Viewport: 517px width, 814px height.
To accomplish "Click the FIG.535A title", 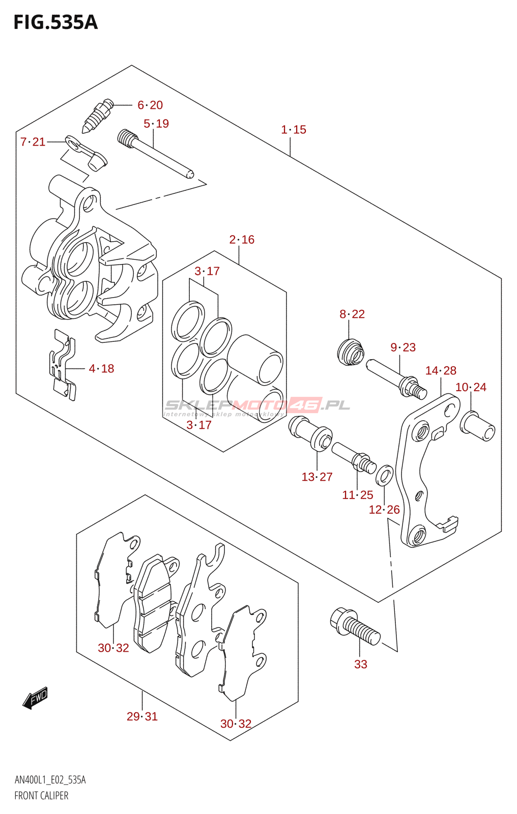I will click(x=55, y=22).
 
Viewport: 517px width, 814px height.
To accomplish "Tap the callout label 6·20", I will click(x=150, y=105).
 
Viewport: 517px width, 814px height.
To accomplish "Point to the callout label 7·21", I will click(x=33, y=142).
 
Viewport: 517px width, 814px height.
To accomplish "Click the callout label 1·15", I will click(x=294, y=130).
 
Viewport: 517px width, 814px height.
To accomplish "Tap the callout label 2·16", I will click(x=242, y=240).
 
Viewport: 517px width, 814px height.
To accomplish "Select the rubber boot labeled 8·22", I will click(x=351, y=352).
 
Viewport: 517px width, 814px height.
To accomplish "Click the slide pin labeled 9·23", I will click(x=396, y=379).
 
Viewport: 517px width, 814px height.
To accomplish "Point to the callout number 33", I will click(x=361, y=664).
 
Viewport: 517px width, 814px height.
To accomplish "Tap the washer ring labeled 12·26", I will click(x=384, y=476).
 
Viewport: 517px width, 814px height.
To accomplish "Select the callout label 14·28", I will click(x=441, y=371).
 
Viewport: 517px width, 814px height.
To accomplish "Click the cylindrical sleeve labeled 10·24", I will click(x=477, y=427).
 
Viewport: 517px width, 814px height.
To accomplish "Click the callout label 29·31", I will click(x=142, y=716).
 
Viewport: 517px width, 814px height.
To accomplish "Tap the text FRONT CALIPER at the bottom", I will click(x=41, y=796).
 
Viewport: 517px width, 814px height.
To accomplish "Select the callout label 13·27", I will click(x=317, y=477).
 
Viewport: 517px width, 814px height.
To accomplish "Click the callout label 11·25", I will click(x=357, y=495).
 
